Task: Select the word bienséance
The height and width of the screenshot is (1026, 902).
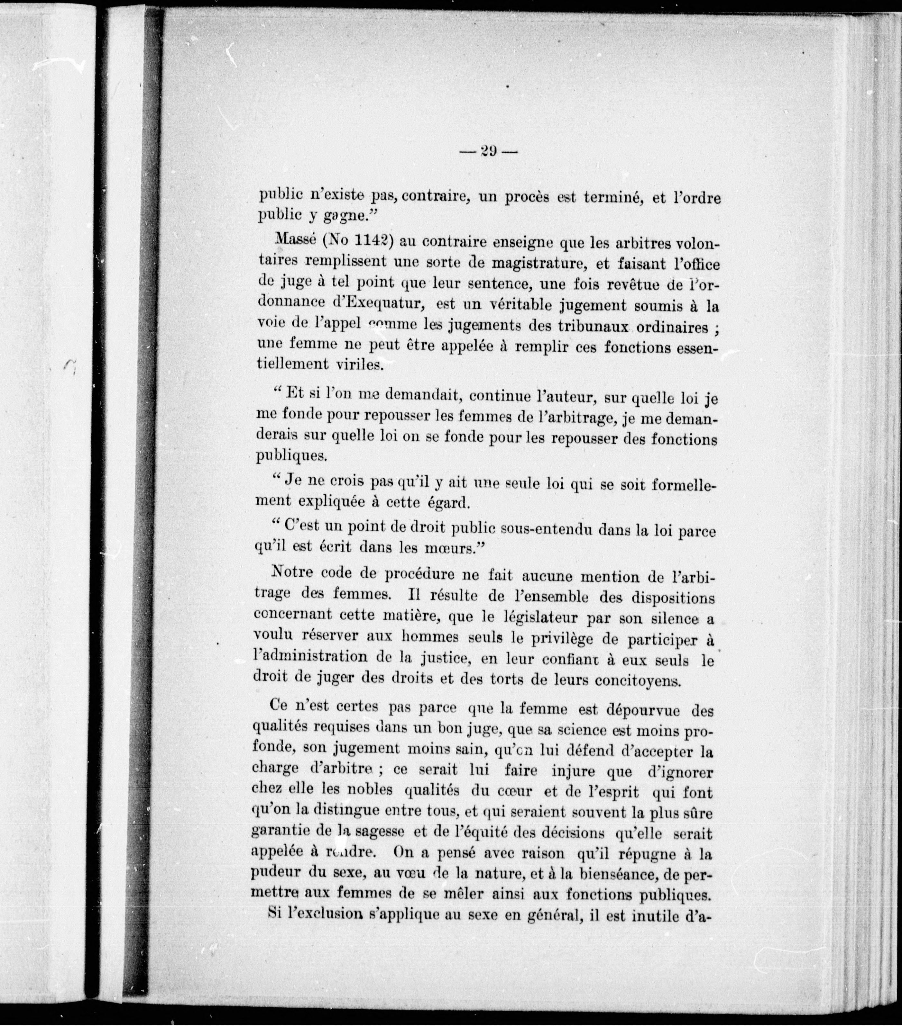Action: tap(610, 874)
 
